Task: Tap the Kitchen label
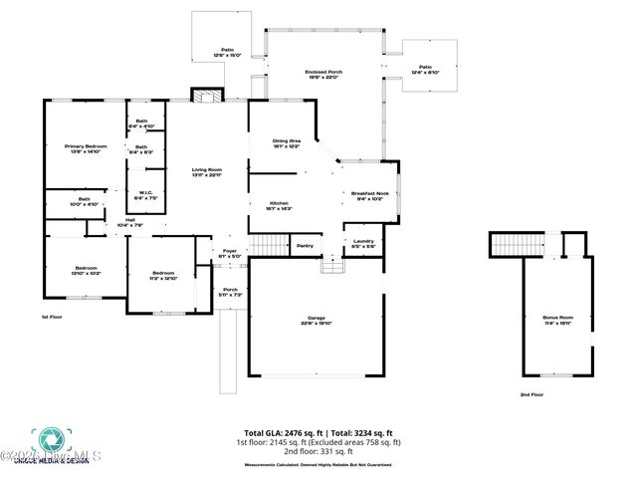(x=279, y=205)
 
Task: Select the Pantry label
(x=305, y=246)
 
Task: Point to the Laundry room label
(x=362, y=242)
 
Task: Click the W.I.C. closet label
(x=144, y=196)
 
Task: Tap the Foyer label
(x=230, y=253)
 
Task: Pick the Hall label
(x=130, y=224)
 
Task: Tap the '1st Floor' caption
(x=52, y=317)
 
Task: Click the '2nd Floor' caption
(x=531, y=394)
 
